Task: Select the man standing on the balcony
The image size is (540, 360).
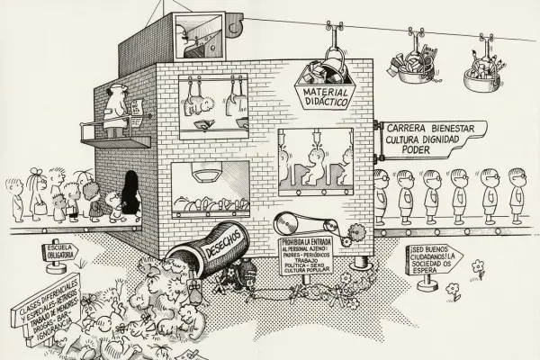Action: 116,112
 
